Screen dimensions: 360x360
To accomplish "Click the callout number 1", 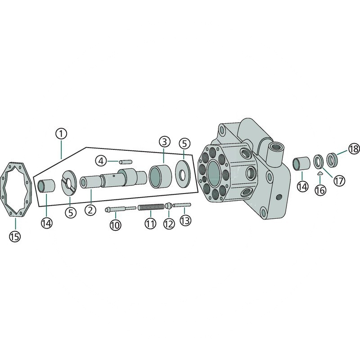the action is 61,134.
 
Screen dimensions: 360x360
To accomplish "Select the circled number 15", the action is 15,236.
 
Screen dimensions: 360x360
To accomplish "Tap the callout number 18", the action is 354,149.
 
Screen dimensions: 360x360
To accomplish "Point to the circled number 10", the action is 115,225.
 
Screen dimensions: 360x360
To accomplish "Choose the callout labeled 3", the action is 164,142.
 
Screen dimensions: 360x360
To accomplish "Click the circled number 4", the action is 101,161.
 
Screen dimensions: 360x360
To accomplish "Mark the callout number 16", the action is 320,190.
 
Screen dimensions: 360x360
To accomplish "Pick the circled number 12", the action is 169,224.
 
